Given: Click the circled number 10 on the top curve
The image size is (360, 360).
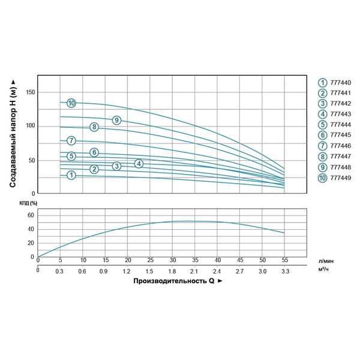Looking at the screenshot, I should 71,103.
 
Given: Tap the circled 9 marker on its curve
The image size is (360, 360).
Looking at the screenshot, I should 116,120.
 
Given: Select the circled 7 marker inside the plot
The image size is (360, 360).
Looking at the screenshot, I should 71,141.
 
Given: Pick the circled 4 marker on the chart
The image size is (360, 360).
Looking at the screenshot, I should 139,164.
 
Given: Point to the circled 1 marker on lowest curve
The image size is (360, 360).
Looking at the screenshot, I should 71,175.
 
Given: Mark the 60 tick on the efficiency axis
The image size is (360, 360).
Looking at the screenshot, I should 32,214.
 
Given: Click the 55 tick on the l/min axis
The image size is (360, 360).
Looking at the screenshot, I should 285,261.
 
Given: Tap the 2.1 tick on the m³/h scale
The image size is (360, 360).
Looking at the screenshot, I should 195,271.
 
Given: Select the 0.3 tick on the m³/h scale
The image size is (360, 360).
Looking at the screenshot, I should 60,271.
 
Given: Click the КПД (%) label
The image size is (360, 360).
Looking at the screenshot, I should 28,203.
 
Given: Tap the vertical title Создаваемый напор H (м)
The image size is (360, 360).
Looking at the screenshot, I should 13,133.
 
